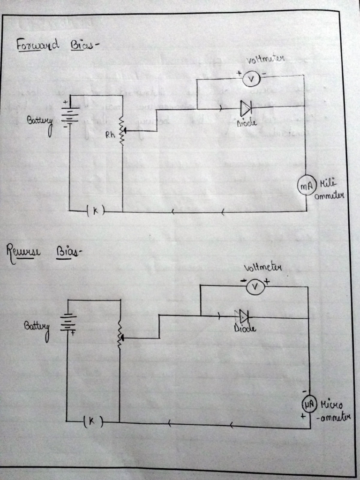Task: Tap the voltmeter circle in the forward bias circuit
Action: pos(251,80)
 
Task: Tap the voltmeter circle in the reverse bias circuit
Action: pos(255,287)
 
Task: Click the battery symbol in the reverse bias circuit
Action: pos(68,322)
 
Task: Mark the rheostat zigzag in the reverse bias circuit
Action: pos(120,333)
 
